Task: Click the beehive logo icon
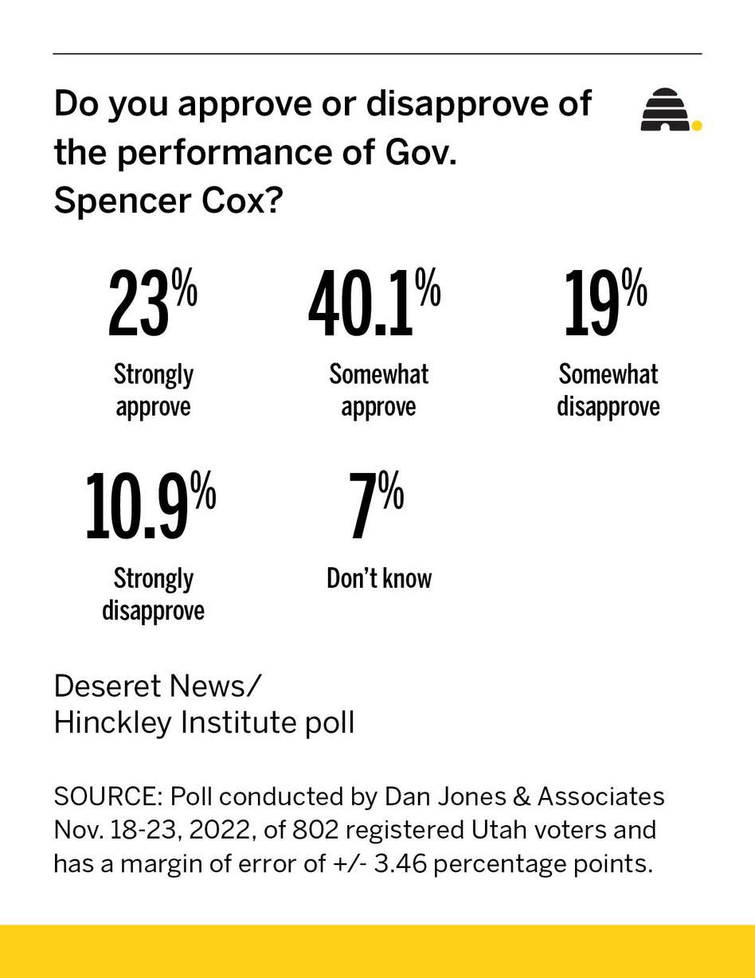click(665, 111)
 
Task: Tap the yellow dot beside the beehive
click(697, 125)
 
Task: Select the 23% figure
click(151, 303)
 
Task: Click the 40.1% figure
click(374, 303)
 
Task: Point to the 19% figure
click(604, 303)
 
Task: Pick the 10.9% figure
click(151, 506)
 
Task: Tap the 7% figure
click(376, 506)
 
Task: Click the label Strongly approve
click(154, 390)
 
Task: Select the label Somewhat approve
click(379, 390)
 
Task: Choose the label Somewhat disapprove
click(608, 390)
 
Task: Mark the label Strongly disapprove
click(154, 594)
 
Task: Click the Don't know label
click(379, 578)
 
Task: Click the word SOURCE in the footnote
click(108, 796)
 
